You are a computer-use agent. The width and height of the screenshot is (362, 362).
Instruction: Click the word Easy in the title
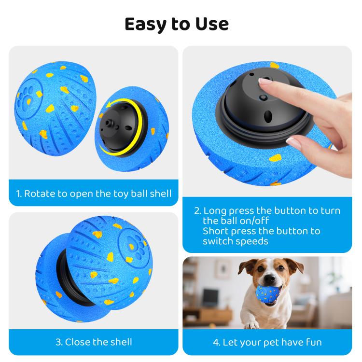coord(145,25)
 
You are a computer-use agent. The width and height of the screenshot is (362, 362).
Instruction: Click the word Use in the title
coord(212,24)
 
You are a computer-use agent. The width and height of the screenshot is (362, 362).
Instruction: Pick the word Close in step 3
coord(75,342)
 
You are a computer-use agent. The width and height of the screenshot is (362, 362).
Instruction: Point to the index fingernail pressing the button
coord(264,81)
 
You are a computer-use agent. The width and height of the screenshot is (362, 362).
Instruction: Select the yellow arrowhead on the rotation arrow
coord(110,105)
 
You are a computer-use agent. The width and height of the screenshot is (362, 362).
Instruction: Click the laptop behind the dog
coord(209,298)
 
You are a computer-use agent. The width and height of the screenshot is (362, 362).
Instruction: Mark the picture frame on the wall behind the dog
coord(223,269)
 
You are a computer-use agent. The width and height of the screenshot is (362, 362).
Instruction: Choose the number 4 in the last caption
coord(216,342)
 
